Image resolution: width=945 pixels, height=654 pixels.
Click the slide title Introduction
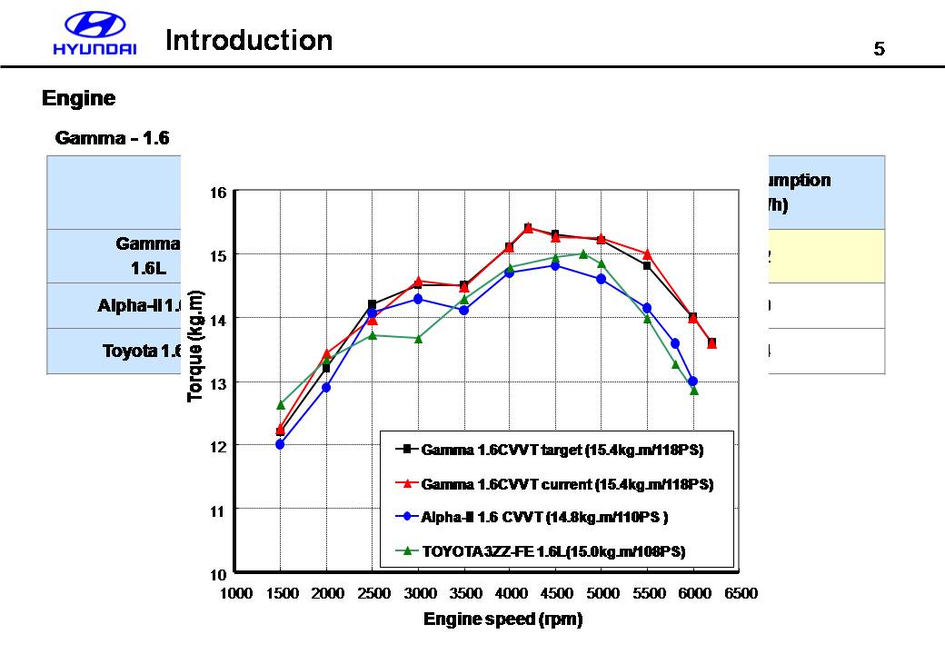pos(249,41)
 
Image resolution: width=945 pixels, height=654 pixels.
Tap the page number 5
pos(879,49)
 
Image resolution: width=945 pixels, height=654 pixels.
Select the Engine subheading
pos(79,98)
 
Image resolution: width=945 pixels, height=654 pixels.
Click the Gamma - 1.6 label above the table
pos(113,138)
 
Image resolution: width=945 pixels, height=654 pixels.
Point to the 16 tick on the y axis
pos(218,192)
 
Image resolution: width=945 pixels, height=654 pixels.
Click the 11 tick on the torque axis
pos(218,510)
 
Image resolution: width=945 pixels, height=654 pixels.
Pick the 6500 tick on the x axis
pos(740,593)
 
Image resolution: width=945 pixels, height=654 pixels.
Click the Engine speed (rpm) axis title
pos(502,619)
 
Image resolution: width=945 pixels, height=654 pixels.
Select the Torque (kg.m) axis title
pos(195,345)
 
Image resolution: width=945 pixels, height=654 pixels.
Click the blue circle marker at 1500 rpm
pos(280,444)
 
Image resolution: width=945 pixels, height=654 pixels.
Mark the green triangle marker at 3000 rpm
pos(418,338)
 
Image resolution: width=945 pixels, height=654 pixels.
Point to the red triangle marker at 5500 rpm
pos(647,253)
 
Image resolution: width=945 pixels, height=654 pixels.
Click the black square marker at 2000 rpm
pos(326,368)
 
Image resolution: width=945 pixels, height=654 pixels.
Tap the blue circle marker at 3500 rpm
pos(463,310)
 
